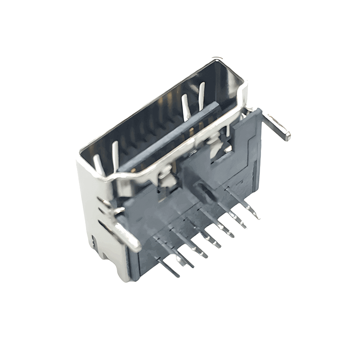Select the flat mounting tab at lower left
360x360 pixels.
click(128, 234)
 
